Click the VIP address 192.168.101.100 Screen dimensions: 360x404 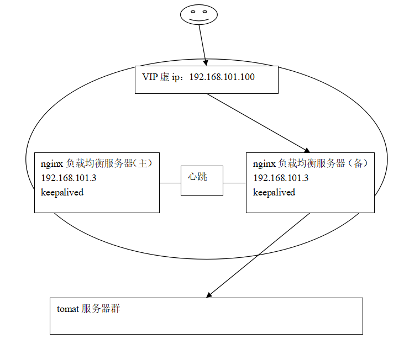pyautogui.click(x=222, y=77)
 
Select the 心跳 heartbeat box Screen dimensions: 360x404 pyautogui.click(x=202, y=181)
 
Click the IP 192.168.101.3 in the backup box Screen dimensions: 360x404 pyautogui.click(x=281, y=178)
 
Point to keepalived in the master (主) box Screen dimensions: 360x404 pyautogui.click(x=62, y=193)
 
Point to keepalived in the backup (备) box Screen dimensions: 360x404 pyautogui.click(x=274, y=193)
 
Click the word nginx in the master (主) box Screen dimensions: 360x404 pyautogui.click(x=52, y=164)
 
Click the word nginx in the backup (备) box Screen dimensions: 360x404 pyautogui.click(x=264, y=164)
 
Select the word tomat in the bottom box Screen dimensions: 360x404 pyautogui.click(x=67, y=309)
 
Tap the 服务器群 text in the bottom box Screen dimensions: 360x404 pyautogui.click(x=101, y=309)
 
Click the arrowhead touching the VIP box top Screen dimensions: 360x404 pyautogui.click(x=206, y=63)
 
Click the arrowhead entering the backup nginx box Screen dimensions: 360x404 pyautogui.click(x=306, y=150)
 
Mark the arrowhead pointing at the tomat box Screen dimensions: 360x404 pyautogui.click(x=210, y=294)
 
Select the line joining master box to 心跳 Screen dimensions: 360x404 pyautogui.click(x=170, y=183)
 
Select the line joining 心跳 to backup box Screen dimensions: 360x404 pyautogui.click(x=234, y=183)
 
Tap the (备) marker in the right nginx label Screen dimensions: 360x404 pyautogui.click(x=359, y=164)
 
